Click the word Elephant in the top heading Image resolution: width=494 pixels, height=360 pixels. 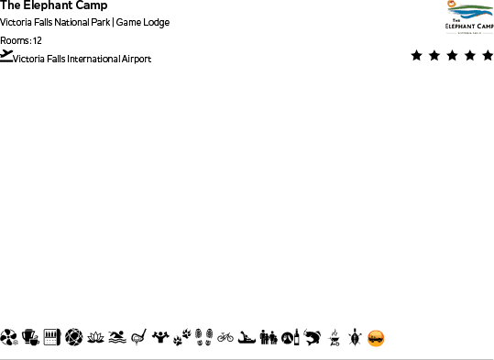[x=51, y=6]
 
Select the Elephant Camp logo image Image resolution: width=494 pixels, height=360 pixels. [x=468, y=17]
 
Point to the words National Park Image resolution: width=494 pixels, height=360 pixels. [x=82, y=23]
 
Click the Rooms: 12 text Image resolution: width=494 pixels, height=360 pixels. [x=21, y=40]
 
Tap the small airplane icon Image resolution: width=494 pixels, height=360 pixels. [x=7, y=56]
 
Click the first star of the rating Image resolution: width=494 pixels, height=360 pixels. [x=417, y=56]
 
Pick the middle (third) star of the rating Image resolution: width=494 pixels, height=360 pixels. [x=452, y=56]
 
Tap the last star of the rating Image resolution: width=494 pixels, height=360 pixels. [x=486, y=56]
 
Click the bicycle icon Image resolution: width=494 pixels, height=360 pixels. [x=225, y=338]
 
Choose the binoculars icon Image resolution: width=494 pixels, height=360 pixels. [x=269, y=338]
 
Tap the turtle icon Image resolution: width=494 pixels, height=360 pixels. [x=354, y=338]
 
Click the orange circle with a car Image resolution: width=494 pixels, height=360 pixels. [x=376, y=338]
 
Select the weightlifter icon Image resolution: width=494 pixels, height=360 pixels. [x=161, y=338]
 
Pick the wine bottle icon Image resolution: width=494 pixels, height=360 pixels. [x=290, y=338]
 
